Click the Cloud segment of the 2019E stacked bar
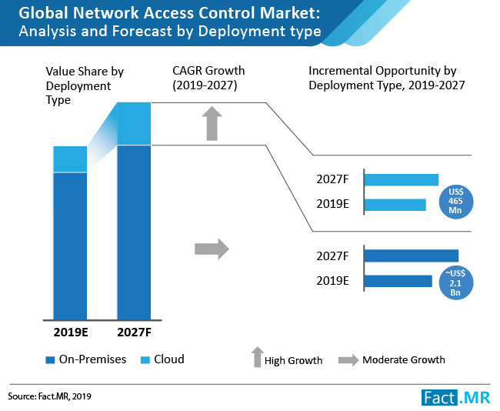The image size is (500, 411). (x=70, y=159)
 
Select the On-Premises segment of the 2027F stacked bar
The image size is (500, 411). (x=134, y=231)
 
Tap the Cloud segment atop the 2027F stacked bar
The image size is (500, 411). (x=134, y=123)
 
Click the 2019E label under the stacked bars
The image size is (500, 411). (x=70, y=332)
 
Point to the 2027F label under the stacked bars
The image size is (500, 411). (x=134, y=332)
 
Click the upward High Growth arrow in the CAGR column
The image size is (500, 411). (x=213, y=124)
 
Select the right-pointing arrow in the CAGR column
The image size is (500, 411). (x=212, y=249)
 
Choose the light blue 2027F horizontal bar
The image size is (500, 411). (x=401, y=180)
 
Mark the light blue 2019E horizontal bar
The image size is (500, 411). (x=395, y=205)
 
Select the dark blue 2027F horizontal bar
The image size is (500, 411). (x=411, y=256)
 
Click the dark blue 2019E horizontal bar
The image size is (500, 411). (x=398, y=281)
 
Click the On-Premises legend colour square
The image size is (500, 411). (x=50, y=359)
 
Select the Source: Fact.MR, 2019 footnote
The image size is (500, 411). (x=55, y=397)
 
